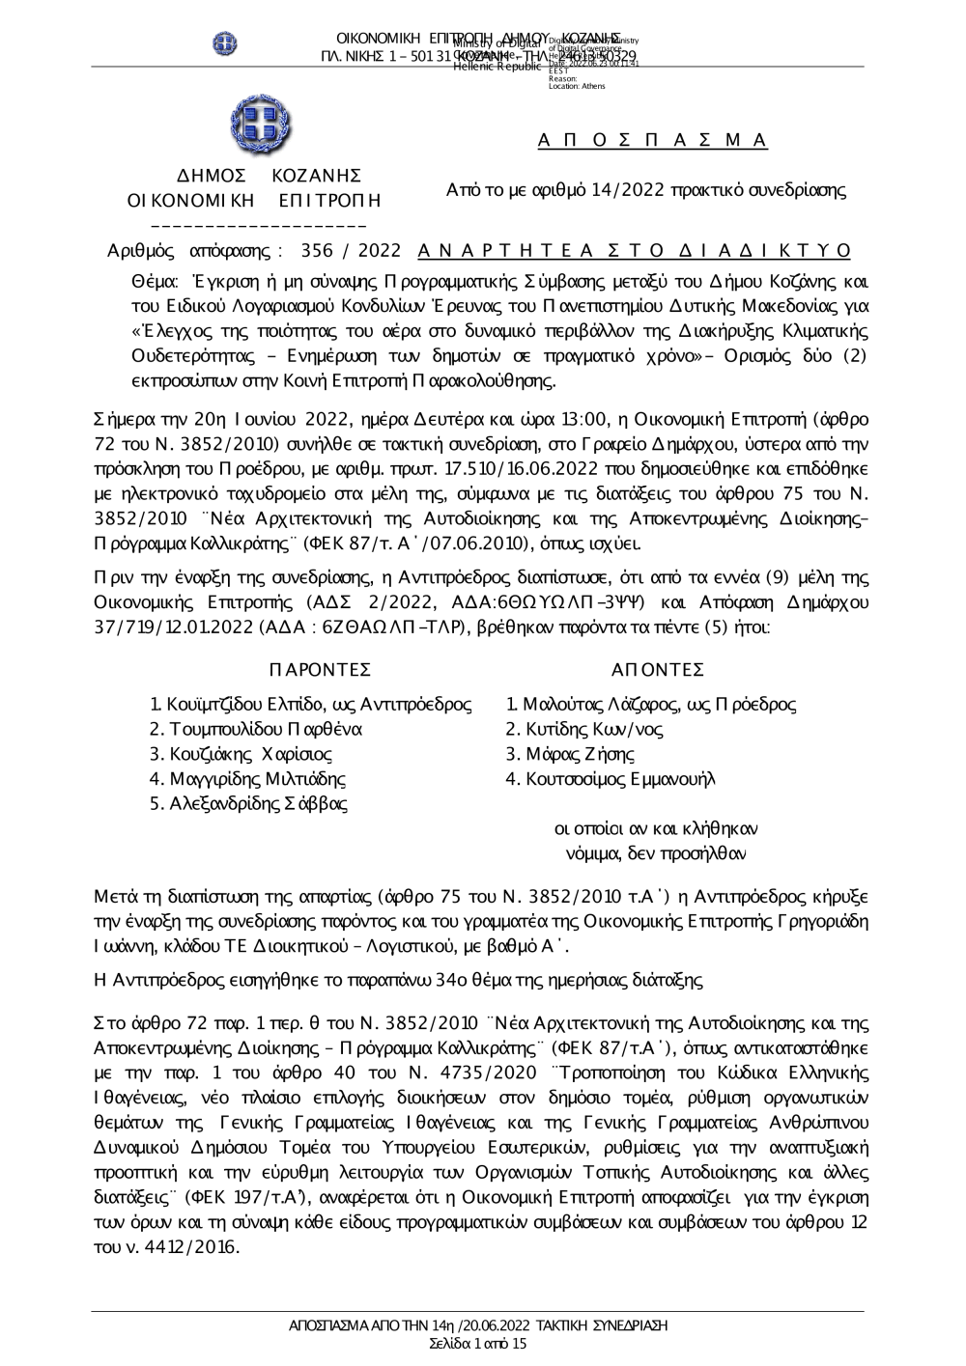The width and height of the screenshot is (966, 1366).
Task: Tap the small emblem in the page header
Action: click(225, 42)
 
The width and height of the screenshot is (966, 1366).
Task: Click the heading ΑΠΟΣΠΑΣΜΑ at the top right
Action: click(652, 141)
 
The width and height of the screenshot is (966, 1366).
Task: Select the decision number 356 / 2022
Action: click(351, 251)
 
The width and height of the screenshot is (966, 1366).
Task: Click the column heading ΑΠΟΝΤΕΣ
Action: click(658, 670)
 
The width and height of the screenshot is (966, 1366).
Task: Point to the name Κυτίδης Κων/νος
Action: click(584, 730)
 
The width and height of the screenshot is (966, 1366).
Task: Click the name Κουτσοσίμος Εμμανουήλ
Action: click(611, 779)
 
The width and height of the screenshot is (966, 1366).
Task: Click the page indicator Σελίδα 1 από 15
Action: click(478, 1343)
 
